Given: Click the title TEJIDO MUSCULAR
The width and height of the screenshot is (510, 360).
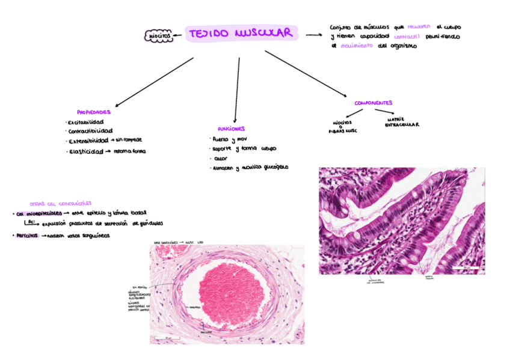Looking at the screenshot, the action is [242, 34].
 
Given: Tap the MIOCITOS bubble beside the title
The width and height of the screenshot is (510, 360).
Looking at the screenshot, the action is [159, 37].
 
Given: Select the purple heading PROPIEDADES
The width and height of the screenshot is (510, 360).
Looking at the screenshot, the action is [93, 112].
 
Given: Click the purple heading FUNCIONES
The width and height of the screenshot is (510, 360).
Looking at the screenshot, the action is [232, 129].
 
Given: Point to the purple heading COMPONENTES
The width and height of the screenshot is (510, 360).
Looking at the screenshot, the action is [373, 103].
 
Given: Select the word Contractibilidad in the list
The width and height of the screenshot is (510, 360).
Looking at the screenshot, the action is [91, 131].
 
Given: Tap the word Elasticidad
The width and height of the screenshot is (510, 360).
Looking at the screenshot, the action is [86, 151].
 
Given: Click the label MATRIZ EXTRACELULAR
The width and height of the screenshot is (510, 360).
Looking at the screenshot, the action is [402, 122].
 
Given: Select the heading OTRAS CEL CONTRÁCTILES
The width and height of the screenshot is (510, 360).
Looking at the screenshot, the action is [60, 204].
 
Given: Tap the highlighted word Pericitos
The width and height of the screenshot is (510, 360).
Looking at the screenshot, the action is [26, 236].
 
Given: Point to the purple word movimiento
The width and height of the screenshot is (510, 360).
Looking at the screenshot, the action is [357, 46].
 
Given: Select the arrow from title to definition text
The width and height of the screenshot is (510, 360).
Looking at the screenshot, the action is [313, 35].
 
